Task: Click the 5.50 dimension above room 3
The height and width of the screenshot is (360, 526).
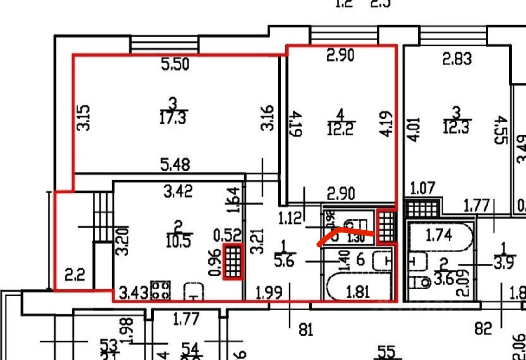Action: pyautogui.click(x=175, y=64)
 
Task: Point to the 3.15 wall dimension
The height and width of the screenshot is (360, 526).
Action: pyautogui.click(x=83, y=117)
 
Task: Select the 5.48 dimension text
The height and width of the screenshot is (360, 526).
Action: pyautogui.click(x=175, y=165)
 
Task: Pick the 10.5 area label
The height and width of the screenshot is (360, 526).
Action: pyautogui.click(x=178, y=241)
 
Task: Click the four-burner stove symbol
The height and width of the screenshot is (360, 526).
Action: pyautogui.click(x=160, y=290)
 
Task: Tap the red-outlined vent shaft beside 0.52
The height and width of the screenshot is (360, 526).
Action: pyautogui.click(x=233, y=261)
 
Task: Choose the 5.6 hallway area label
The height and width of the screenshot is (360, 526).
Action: pyautogui.click(x=284, y=261)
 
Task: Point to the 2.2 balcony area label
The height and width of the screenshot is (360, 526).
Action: pyautogui.click(x=74, y=276)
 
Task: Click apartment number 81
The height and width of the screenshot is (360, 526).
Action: pyautogui.click(x=306, y=330)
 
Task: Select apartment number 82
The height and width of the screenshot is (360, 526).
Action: pyautogui.click(x=483, y=329)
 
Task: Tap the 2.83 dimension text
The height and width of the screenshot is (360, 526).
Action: pyautogui.click(x=457, y=59)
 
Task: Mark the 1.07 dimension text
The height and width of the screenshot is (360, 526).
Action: pyautogui.click(x=423, y=189)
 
